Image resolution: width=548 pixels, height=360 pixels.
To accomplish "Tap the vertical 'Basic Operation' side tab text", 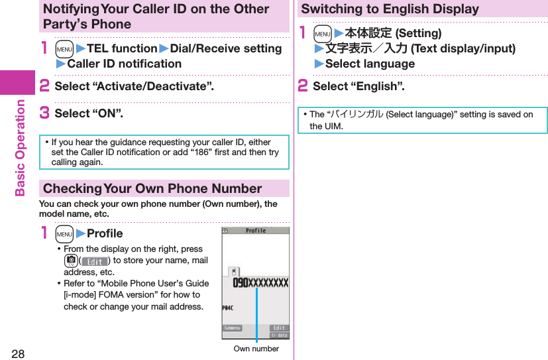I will coord(20,147).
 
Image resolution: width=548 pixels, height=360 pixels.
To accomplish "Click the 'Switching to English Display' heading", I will coord(390,9).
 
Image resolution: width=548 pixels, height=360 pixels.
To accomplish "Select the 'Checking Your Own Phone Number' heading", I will coord(152,188).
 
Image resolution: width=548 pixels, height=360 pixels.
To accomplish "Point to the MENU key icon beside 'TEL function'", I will coord(64,49).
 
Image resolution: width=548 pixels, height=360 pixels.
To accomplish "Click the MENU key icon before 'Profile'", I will coord(64,233).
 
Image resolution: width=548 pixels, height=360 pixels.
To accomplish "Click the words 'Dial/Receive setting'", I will coord(225,48).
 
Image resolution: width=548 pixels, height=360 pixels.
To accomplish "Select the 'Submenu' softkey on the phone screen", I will coord(232,328).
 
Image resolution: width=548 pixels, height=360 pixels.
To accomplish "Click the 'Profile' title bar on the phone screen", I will coord(255,231).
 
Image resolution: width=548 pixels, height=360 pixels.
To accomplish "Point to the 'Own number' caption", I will coord(256,349).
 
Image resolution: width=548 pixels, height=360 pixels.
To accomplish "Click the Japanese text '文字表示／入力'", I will coord(366,48).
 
